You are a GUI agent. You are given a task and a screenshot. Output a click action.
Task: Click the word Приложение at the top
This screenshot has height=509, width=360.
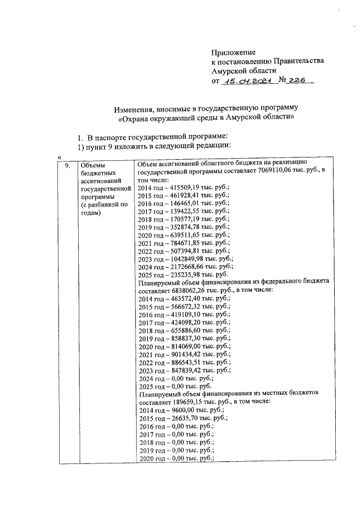233,52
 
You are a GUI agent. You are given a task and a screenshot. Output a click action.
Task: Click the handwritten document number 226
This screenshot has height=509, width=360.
296,81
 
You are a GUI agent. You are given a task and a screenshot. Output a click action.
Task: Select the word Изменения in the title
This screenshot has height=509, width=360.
132,107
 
